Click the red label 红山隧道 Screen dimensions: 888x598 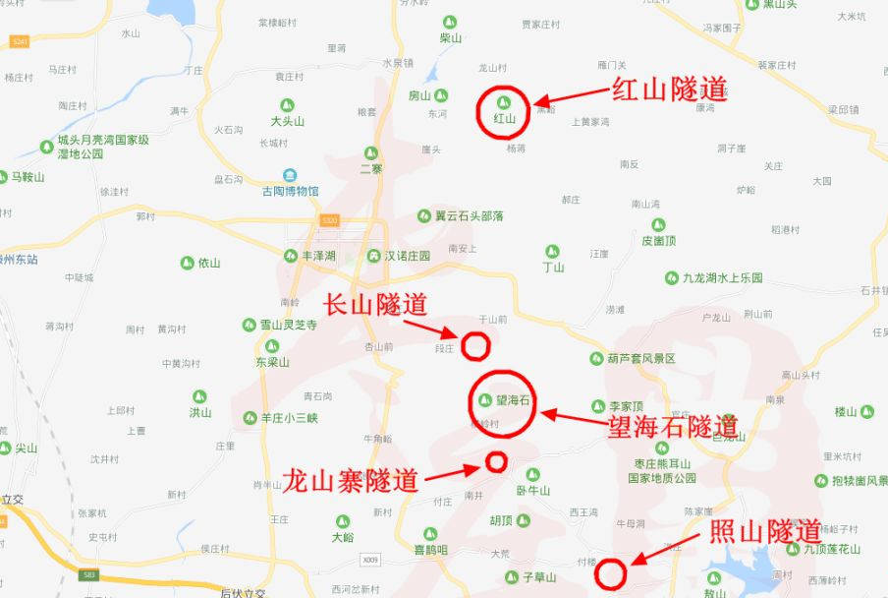670,90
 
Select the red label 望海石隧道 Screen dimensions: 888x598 673,426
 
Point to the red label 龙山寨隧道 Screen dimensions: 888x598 351,481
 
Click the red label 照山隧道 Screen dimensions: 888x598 765,531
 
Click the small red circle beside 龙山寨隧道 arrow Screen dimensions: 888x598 496,461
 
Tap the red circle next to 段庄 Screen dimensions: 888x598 475,345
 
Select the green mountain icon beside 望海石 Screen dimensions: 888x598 484,400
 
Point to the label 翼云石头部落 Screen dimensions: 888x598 470,215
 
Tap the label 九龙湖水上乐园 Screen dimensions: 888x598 723,278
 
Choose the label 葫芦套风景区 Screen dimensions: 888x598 642,359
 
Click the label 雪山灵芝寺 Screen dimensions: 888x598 288,325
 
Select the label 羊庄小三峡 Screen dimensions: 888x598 289,417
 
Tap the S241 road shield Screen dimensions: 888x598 20,41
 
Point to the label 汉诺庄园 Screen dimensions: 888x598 408,256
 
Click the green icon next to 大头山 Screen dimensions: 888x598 288,104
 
